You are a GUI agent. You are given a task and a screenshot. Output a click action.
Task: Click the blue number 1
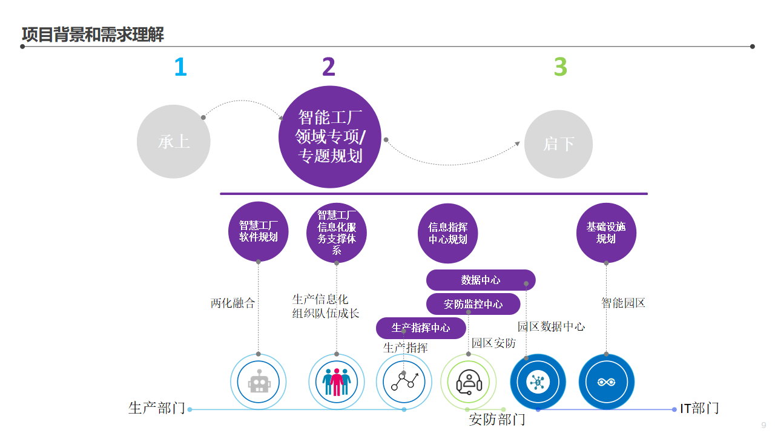180,67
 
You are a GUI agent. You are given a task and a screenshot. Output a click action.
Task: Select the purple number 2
329,67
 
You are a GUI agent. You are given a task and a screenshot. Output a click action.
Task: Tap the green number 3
561,67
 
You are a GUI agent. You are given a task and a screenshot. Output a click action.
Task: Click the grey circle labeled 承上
174,142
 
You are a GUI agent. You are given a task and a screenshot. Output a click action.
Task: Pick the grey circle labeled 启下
558,144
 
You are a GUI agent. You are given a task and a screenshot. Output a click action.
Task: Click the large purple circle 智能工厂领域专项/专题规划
330,137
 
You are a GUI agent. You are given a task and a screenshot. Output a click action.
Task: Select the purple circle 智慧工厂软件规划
259,231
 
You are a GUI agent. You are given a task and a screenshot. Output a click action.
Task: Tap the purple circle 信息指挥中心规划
448,233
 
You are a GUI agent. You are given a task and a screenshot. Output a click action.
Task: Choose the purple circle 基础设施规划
606,233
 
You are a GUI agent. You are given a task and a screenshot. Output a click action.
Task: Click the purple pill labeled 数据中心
481,280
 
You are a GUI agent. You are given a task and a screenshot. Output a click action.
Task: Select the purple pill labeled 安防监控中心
473,304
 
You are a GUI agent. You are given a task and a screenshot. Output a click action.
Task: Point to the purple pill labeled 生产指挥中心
421,328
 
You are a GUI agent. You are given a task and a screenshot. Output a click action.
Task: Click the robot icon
259,382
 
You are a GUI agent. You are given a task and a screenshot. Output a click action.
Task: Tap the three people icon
337,382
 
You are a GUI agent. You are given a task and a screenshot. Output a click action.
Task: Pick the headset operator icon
468,382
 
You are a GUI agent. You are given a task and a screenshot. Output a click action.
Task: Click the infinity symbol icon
606,382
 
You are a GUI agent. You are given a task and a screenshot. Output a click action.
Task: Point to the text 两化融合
233,303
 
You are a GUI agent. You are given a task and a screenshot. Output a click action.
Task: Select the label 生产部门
157,408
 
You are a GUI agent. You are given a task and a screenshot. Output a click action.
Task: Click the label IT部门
699,408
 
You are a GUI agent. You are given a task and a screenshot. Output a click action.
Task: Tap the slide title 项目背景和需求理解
93,35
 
